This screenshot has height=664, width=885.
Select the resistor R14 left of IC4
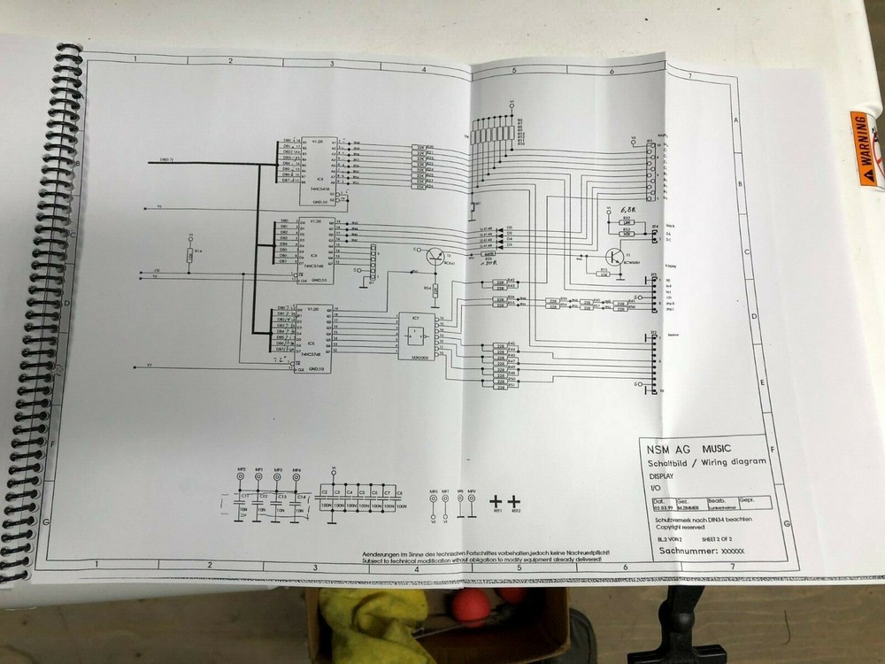[189, 256]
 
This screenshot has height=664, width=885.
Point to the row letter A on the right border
[736, 120]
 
